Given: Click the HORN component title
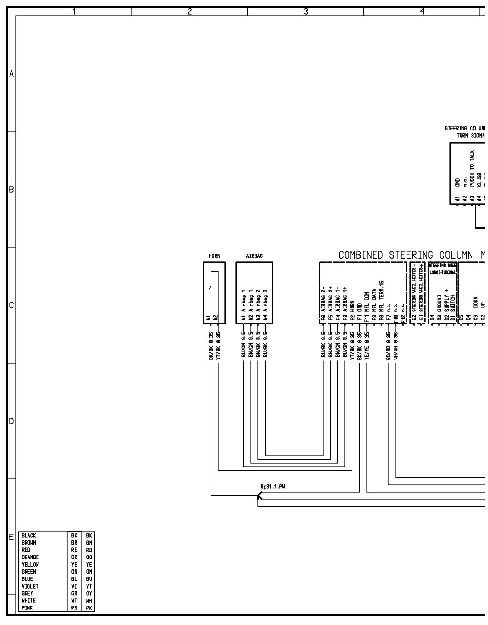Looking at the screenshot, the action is click(214, 256).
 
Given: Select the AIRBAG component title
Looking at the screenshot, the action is click(254, 256).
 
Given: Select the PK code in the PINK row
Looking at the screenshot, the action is click(89, 608).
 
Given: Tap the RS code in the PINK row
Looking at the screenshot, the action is click(74, 608).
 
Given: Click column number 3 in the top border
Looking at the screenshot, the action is click(305, 12).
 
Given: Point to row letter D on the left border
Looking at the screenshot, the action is click(11, 422).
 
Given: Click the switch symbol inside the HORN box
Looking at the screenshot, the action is click(211, 287).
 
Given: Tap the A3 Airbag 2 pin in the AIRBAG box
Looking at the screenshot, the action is click(258, 306).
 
